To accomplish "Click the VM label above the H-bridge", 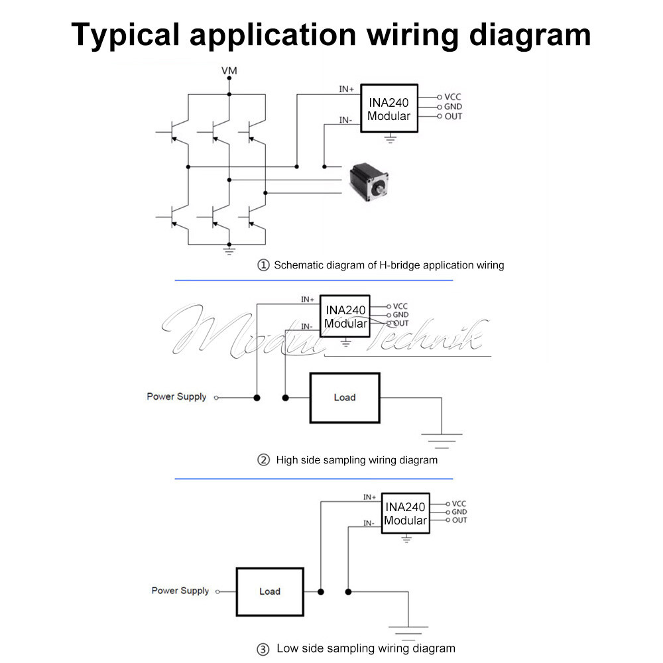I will point(229,70).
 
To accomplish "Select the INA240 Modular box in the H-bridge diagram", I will point(389,109).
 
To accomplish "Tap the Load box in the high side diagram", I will point(345,398).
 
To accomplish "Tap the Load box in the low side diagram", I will point(270,591).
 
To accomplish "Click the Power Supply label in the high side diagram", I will point(176,396).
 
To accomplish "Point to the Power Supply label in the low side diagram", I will point(180,591).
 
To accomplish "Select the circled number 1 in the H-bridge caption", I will point(263,265).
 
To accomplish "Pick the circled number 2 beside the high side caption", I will point(263,459).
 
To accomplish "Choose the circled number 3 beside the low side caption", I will point(263,649).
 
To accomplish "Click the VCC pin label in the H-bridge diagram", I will point(453,97).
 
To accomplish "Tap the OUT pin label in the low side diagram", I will point(459,520).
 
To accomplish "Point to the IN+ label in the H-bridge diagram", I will point(347,89).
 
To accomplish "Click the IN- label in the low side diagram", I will point(369,523).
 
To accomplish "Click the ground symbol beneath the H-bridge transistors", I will point(229,251).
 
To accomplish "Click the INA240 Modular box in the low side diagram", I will point(405,513).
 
